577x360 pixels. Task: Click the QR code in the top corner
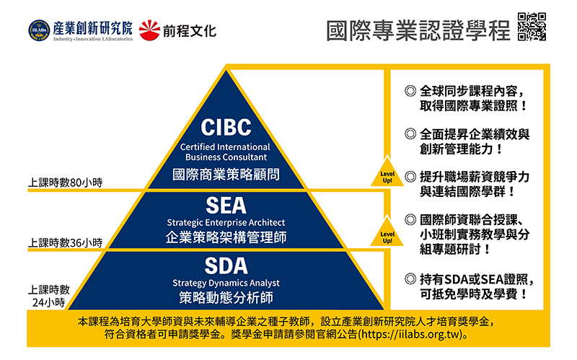click(x=532, y=27)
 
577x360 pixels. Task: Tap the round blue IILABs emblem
click(x=39, y=30)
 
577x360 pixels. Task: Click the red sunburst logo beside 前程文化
click(x=149, y=30)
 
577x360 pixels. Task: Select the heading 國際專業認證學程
click(x=418, y=30)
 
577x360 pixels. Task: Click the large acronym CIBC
click(x=226, y=128)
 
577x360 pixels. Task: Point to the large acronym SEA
click(x=226, y=206)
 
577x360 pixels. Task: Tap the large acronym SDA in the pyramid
click(x=226, y=265)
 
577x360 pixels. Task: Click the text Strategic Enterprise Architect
click(x=226, y=222)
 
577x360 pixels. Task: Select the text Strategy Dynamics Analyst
click(x=226, y=283)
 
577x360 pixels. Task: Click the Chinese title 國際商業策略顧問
click(x=226, y=175)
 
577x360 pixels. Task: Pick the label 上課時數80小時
click(x=65, y=183)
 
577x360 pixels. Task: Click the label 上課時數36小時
click(x=65, y=242)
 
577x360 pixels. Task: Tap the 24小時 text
click(x=48, y=302)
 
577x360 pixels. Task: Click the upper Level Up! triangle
click(x=387, y=173)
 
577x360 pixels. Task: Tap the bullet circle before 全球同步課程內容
click(x=410, y=91)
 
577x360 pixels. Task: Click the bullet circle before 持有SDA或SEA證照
click(x=410, y=279)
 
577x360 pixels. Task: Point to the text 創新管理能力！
click(x=462, y=149)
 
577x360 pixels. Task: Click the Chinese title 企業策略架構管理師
click(x=226, y=237)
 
